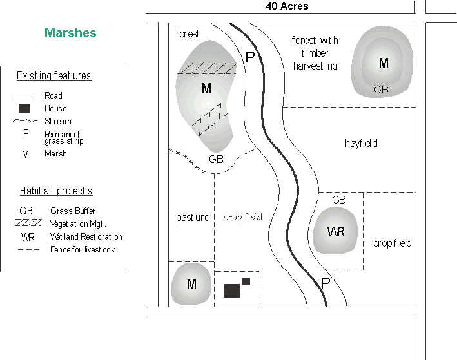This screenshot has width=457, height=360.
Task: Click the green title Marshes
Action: pos(70,33)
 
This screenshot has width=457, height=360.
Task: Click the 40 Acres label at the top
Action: pos(287,6)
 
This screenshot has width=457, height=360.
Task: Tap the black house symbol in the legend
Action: pos(25,108)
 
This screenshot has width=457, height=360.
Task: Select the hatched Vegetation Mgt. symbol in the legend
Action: pos(27,223)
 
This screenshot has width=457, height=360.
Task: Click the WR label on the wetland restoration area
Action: pos(335,232)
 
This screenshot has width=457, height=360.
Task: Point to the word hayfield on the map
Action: pos(361,143)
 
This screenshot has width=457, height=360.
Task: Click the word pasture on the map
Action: pos(193,218)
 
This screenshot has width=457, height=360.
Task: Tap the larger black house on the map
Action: pos(231,290)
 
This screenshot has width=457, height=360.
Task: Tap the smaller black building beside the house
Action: pos(246,281)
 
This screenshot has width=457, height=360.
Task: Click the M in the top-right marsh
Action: pos(384,63)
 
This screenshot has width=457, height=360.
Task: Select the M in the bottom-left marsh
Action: pos(191,284)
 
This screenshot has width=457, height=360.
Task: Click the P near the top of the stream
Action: pos(250,57)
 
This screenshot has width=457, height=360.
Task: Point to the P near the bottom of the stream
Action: pos(326,282)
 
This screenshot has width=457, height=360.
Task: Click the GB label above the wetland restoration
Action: pos(339,200)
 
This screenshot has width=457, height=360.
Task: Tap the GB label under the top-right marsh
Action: pos(382,90)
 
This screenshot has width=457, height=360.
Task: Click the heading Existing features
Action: pos(53,76)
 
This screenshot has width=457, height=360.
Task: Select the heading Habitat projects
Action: pos(56,191)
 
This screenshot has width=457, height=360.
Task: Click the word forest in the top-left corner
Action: pos(188,33)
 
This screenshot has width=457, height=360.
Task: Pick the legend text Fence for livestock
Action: pos(83,249)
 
